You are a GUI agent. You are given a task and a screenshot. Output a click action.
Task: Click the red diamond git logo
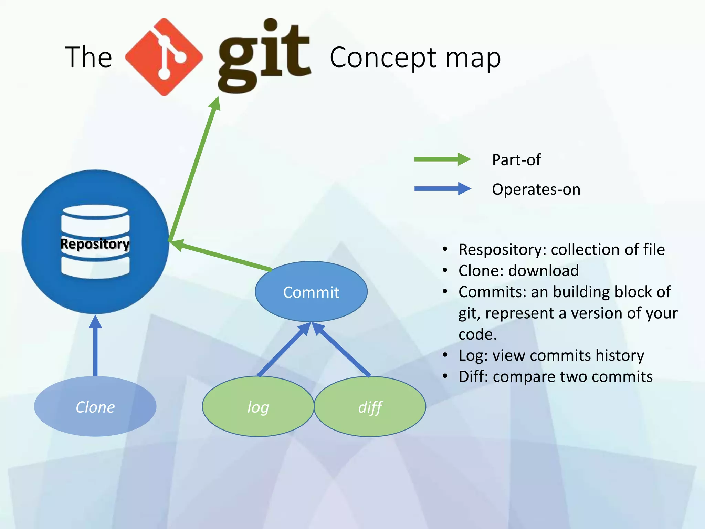164,57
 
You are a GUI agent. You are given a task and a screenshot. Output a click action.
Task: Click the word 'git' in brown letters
264,55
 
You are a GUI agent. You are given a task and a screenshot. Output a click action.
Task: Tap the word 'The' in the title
88,57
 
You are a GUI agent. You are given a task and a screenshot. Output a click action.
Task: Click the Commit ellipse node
311,292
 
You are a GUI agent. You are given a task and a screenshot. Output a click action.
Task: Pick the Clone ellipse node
95,407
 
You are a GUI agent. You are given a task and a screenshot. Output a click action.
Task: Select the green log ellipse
258,407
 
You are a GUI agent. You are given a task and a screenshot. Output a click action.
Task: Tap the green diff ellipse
370,407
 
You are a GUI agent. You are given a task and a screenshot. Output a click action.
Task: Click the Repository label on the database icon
95,244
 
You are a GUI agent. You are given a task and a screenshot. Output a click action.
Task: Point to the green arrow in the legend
442,159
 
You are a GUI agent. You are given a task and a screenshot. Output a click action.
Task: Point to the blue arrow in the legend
442,189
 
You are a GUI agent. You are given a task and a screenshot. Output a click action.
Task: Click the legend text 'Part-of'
516,160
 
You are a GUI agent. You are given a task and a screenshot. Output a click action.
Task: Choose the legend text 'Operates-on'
536,189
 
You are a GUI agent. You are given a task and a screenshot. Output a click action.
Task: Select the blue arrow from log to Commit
284,350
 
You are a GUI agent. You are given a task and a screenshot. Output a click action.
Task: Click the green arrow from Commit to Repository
220,255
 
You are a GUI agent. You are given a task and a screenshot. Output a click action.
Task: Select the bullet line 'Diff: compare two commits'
555,376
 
